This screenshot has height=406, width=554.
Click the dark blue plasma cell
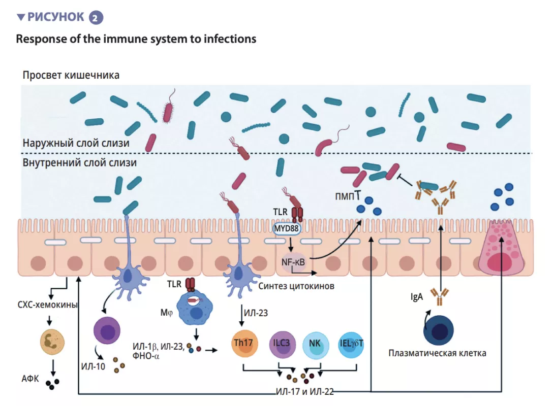tap(439, 331)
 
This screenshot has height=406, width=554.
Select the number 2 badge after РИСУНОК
tap(96, 18)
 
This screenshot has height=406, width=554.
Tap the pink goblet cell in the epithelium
tap(501, 250)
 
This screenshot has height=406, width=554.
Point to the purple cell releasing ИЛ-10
tap(108, 333)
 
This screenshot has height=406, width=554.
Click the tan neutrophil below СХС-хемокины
tap(52, 341)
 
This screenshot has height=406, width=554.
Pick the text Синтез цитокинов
tap(296, 286)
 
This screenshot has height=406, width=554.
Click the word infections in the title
tap(230, 39)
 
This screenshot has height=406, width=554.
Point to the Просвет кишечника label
tap(71, 76)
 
